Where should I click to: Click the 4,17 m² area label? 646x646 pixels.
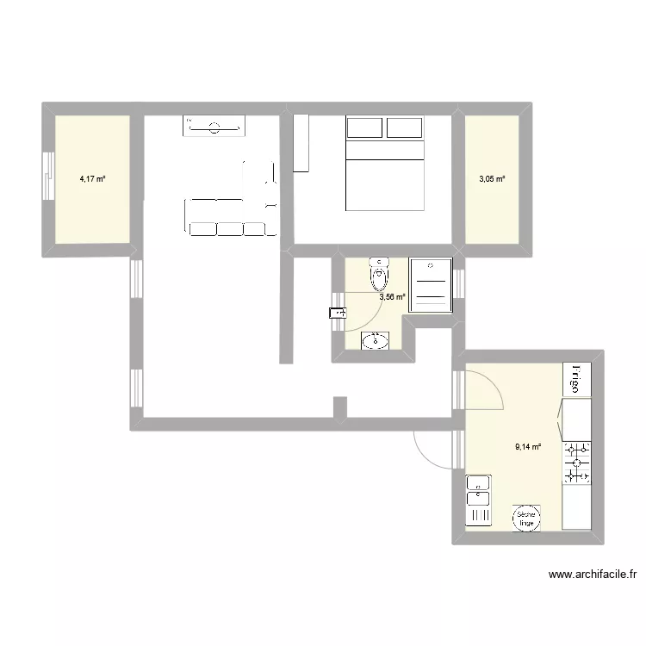point(92,179)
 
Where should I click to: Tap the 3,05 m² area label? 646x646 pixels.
point(492,179)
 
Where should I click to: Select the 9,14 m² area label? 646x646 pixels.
point(528,446)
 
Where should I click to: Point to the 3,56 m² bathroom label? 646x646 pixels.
point(393,297)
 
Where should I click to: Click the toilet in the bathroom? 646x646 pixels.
point(378,275)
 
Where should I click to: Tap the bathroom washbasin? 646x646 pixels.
point(376,341)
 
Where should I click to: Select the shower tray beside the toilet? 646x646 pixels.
point(431,283)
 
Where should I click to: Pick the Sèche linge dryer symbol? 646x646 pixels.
point(526,517)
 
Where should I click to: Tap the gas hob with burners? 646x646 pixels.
point(577,463)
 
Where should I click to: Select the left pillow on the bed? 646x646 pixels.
point(364,127)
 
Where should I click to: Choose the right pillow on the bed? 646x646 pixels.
point(404,127)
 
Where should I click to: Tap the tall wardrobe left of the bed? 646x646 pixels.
point(301,142)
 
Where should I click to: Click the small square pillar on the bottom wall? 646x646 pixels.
point(339,407)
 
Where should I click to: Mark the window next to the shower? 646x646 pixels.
point(460,283)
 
